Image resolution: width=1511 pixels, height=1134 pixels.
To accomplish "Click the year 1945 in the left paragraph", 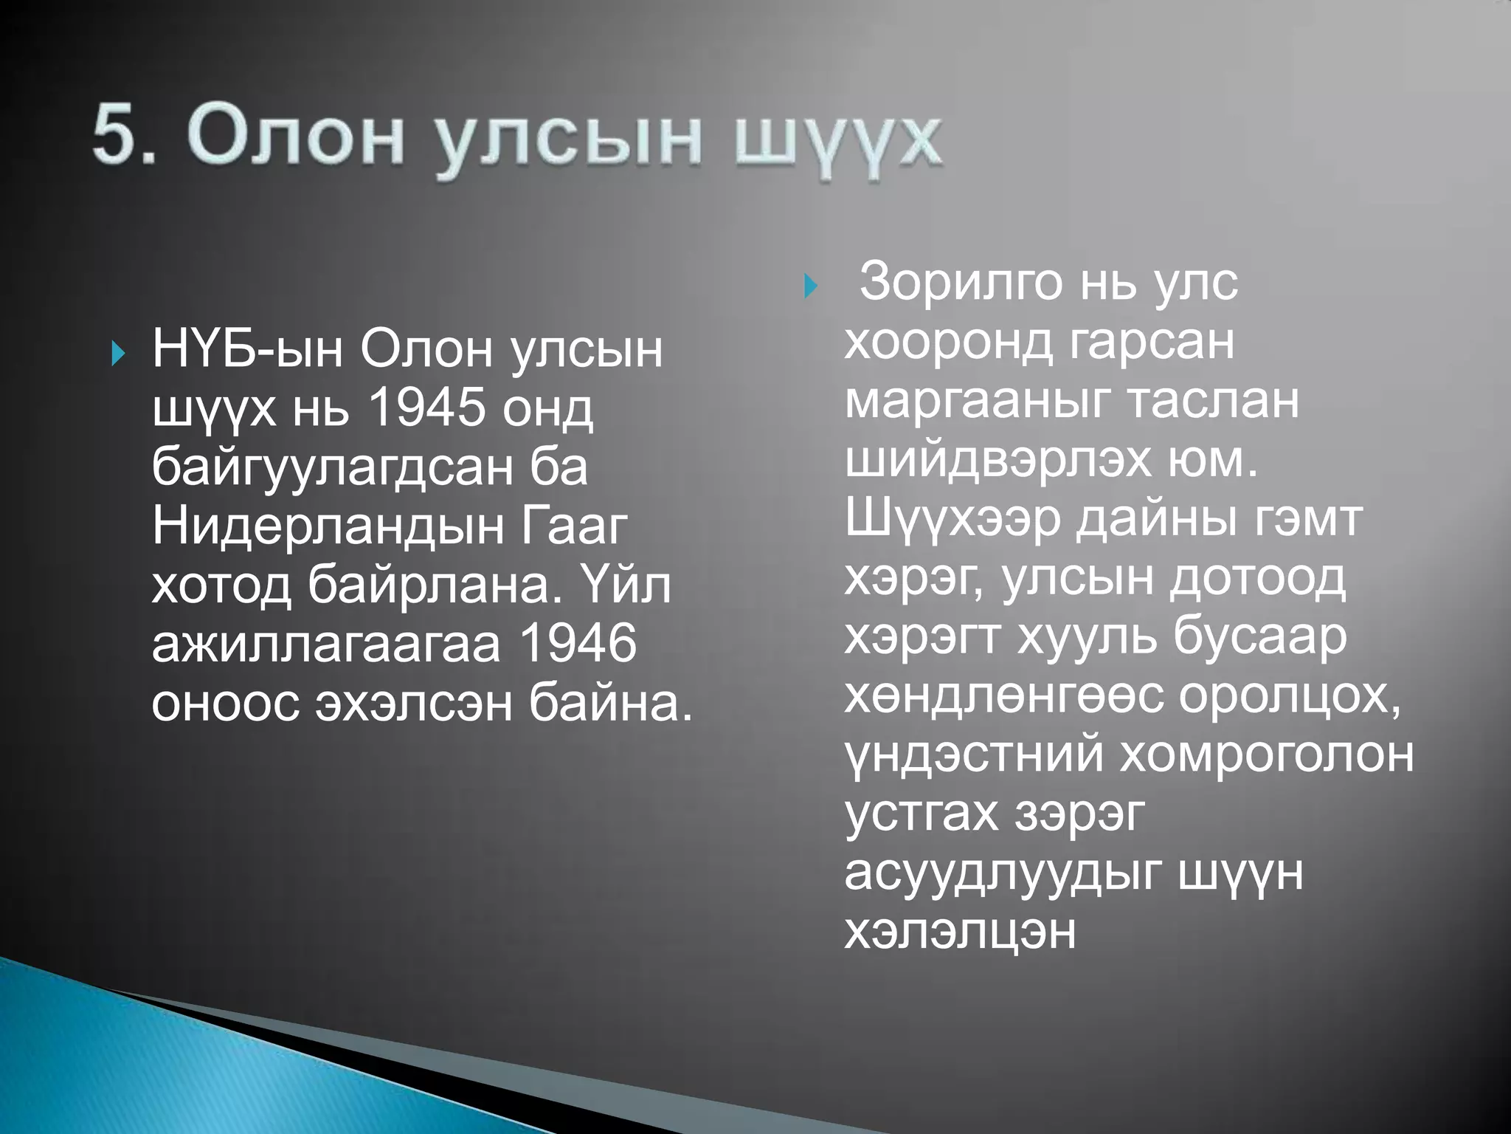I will click(426, 408).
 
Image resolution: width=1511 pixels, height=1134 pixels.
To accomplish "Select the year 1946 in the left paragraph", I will click(578, 644).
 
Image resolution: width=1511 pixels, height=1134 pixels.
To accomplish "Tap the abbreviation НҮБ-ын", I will click(247, 349).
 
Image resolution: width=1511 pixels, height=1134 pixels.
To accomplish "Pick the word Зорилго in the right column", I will click(961, 282).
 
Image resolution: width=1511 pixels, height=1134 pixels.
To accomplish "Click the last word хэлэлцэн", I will click(960, 932).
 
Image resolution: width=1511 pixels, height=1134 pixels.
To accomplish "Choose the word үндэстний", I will click(974, 755).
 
